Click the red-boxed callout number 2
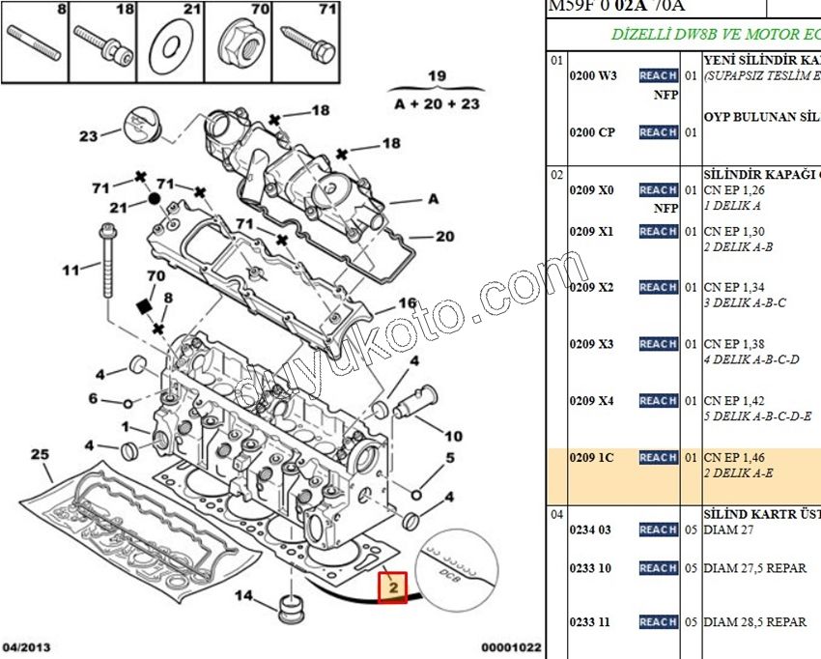pos(393,587)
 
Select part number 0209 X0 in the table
pos(591,190)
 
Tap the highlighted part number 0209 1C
pos(591,457)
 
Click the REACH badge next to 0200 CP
pos(658,132)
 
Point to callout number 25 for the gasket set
pos(39,454)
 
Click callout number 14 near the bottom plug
pos(244,595)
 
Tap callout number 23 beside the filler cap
pos(89,136)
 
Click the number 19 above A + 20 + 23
pos(438,76)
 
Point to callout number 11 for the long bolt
pos(71,271)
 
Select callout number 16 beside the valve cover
pos(408,303)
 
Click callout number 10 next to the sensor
pos(453,436)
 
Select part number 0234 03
pos(591,530)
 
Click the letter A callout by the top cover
pos(433,199)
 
